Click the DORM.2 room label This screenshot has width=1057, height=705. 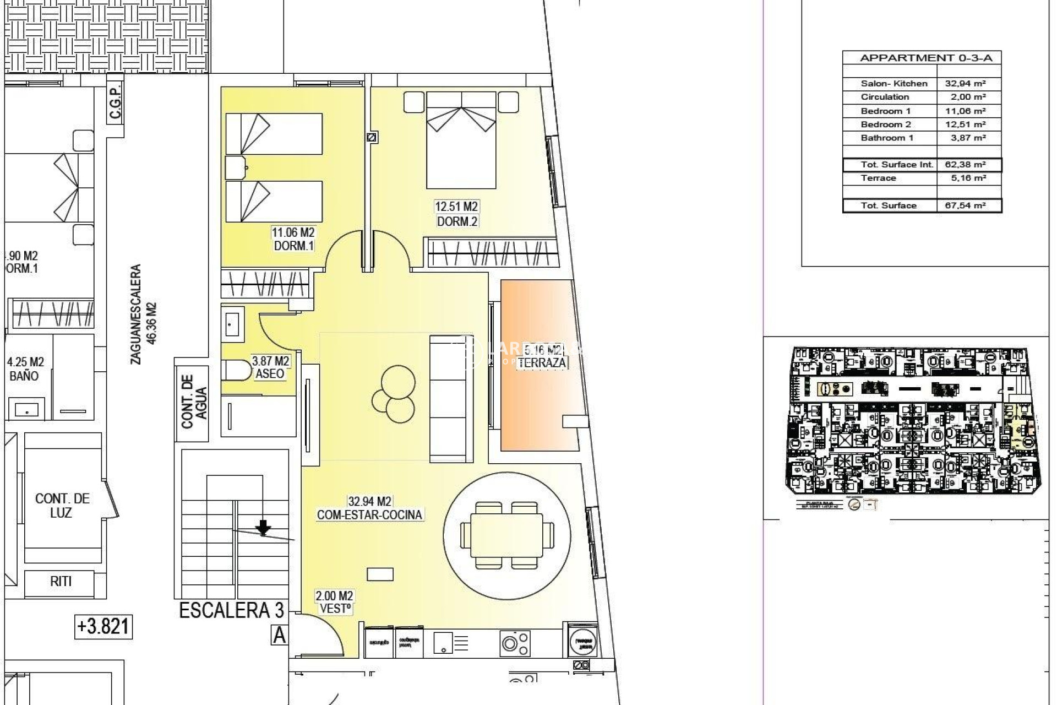tap(457, 221)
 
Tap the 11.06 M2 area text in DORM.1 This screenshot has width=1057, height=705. tap(293, 232)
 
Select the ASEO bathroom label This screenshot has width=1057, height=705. tap(270, 373)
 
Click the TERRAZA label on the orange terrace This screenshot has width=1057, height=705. tap(542, 362)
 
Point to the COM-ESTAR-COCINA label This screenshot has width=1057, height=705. tap(369, 515)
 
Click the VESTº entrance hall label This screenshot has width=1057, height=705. tap(335, 609)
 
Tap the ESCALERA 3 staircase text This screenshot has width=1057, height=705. tap(231, 610)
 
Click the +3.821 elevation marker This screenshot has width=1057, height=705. tap(103, 626)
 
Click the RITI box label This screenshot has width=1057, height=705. tap(61, 581)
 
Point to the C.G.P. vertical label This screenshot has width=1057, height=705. tap(115, 102)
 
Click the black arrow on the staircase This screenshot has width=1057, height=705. tap(264, 528)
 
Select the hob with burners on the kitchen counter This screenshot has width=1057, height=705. tap(515, 642)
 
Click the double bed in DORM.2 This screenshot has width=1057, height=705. tap(461, 140)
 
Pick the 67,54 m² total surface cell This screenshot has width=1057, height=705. tap(968, 205)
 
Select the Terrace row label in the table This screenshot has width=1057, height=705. tap(878, 178)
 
